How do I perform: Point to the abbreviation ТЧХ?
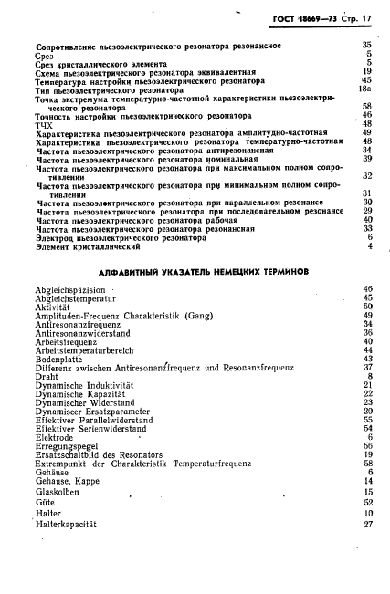pyautogui.click(x=45, y=125)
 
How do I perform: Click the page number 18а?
pyautogui.click(x=364, y=89)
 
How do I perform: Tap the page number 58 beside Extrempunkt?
pyautogui.click(x=367, y=462)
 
